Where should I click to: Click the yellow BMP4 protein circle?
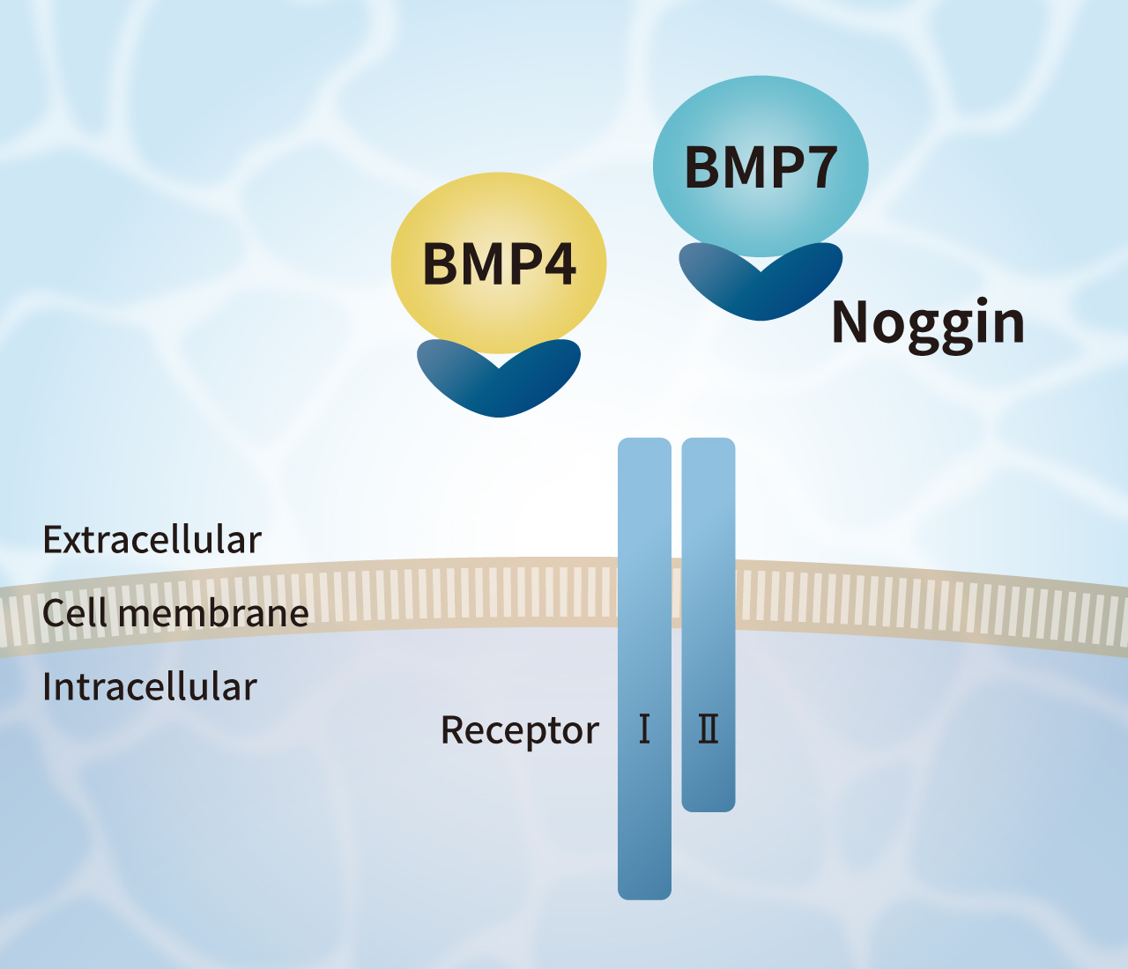pos(499,220)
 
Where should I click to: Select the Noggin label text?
pos(928,323)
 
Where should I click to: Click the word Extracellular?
pos(152,540)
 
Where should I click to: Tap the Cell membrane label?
pos(175,613)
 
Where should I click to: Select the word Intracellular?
pos(150,687)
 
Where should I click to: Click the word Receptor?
pos(519,730)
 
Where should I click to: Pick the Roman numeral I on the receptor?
pos(644,729)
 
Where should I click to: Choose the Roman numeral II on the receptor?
pos(708,729)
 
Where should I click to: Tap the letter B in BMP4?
pos(441,263)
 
